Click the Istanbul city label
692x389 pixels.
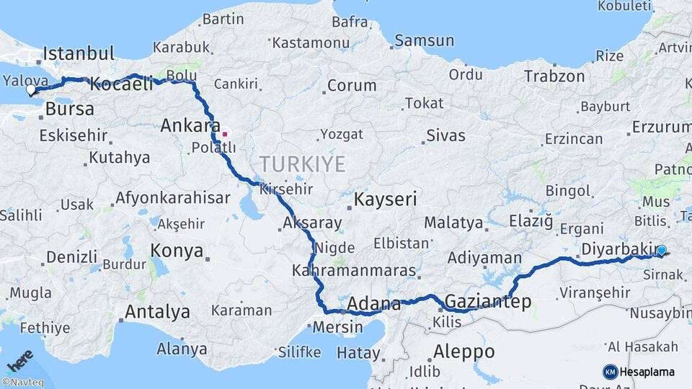point(79,53)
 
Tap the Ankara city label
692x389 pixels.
point(190,125)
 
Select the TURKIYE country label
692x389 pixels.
point(303,164)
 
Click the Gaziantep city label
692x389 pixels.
point(488,301)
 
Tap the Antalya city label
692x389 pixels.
point(157,312)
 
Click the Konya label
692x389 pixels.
point(177,251)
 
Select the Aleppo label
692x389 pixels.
point(464,352)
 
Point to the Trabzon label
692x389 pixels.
point(554,76)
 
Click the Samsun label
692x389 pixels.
point(425,41)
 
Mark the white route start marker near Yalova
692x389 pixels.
point(31,91)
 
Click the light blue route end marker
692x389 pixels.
point(661,251)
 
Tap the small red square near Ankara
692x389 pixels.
point(224,133)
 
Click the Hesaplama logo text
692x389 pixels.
point(647,372)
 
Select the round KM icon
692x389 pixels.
point(611,372)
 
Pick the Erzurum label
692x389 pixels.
point(661,128)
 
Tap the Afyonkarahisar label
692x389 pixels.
point(172,197)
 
